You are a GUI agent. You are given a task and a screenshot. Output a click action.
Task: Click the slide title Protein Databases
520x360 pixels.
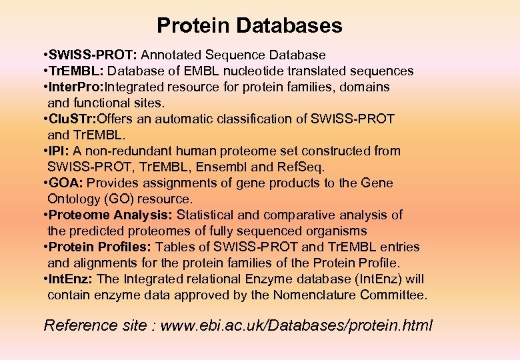click(249, 26)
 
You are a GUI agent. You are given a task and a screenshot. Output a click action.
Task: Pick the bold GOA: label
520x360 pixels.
click(65, 183)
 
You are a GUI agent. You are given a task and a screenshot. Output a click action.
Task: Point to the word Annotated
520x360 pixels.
click(172, 55)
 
